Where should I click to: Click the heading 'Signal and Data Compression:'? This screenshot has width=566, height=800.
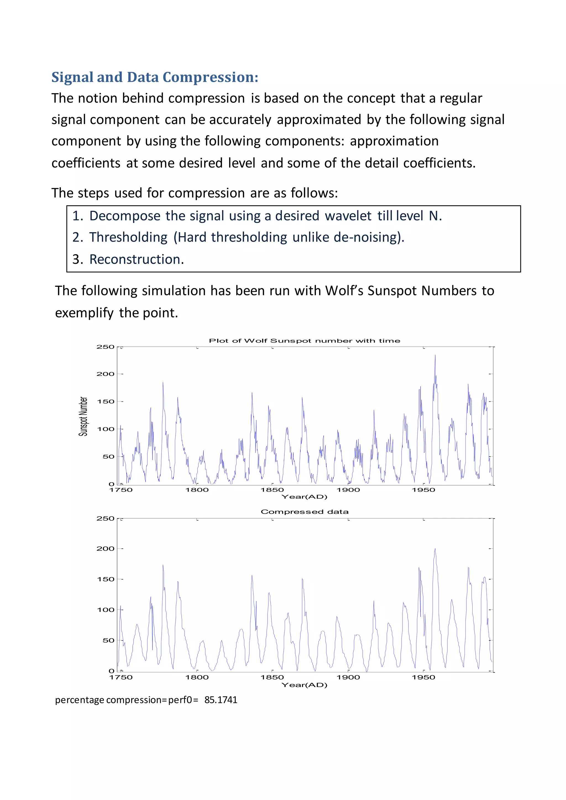155,77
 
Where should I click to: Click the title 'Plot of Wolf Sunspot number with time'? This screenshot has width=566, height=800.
304,341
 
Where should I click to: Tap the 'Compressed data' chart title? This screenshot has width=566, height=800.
304,512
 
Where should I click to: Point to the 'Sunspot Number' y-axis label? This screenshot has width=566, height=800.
83,416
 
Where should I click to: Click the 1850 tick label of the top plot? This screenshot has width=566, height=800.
272,490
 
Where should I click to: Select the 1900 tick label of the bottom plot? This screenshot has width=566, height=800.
348,677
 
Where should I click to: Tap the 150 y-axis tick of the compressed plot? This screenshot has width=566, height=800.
105,579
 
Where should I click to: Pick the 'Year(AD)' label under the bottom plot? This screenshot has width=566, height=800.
304,685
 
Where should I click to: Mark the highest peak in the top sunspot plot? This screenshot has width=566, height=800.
435,356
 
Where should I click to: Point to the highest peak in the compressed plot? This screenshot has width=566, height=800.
435,549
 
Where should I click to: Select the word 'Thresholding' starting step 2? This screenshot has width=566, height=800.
128,237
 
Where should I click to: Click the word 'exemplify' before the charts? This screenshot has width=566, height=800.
84,313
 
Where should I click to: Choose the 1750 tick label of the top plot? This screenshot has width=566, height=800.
121,490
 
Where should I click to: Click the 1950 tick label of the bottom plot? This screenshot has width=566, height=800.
423,677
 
